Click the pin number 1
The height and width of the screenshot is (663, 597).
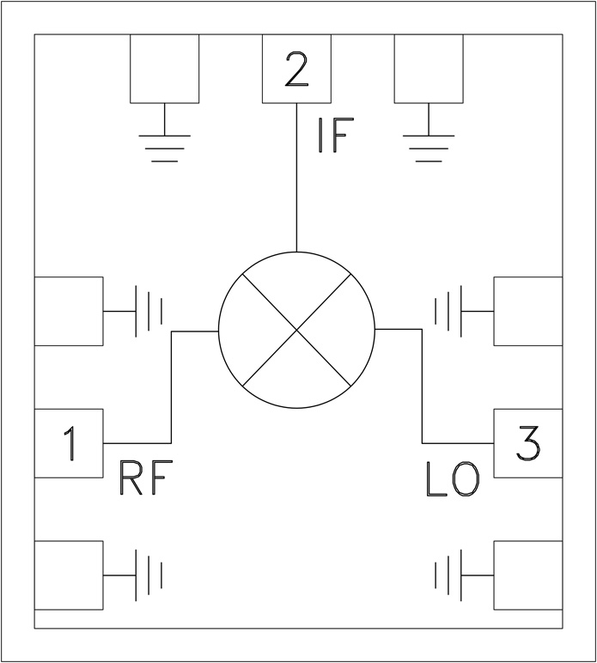click(x=70, y=444)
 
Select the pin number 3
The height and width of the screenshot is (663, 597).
click(x=527, y=444)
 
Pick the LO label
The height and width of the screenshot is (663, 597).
click(x=453, y=482)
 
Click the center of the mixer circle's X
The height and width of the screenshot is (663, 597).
click(x=297, y=329)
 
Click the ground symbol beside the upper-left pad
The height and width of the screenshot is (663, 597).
click(x=148, y=310)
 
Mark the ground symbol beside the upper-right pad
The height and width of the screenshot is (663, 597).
click(x=448, y=310)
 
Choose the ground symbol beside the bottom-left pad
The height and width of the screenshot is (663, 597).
click(x=148, y=574)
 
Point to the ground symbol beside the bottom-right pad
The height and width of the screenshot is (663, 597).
click(x=448, y=574)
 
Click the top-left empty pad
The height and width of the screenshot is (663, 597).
click(x=163, y=68)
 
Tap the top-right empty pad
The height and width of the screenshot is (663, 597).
click(x=428, y=68)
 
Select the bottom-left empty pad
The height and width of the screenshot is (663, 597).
click(x=69, y=574)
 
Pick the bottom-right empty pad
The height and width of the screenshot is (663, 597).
click(x=527, y=574)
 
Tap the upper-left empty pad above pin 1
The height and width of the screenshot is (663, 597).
click(x=69, y=310)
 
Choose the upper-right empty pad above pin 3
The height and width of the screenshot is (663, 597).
click(x=527, y=310)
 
